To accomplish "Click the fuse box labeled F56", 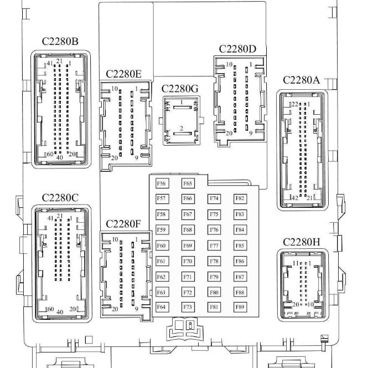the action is coord(162,183).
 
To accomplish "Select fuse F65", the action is coord(188,183).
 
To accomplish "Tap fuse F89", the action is coord(240,307).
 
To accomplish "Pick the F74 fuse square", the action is coord(214,199).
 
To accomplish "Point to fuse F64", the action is coord(162,307).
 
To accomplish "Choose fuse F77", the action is coord(214,246).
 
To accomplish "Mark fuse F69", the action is coord(188,246).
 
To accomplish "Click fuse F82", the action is coord(240,199).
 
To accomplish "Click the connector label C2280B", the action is coord(60,42).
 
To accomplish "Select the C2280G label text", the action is coord(180,89).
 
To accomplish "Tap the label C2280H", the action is coord(302,242).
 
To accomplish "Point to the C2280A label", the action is coord(301,80).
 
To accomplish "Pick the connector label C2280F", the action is coord(123,224).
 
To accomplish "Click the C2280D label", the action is coord(237,49).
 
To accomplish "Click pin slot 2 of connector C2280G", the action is coord(183,134).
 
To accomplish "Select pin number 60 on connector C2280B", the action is coord(50,154).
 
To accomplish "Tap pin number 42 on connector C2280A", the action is coord(295,198).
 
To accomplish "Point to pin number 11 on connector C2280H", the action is coord(296,263).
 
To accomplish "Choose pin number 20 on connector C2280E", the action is coord(115,158).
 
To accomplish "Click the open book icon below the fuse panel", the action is coord(185,330).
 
